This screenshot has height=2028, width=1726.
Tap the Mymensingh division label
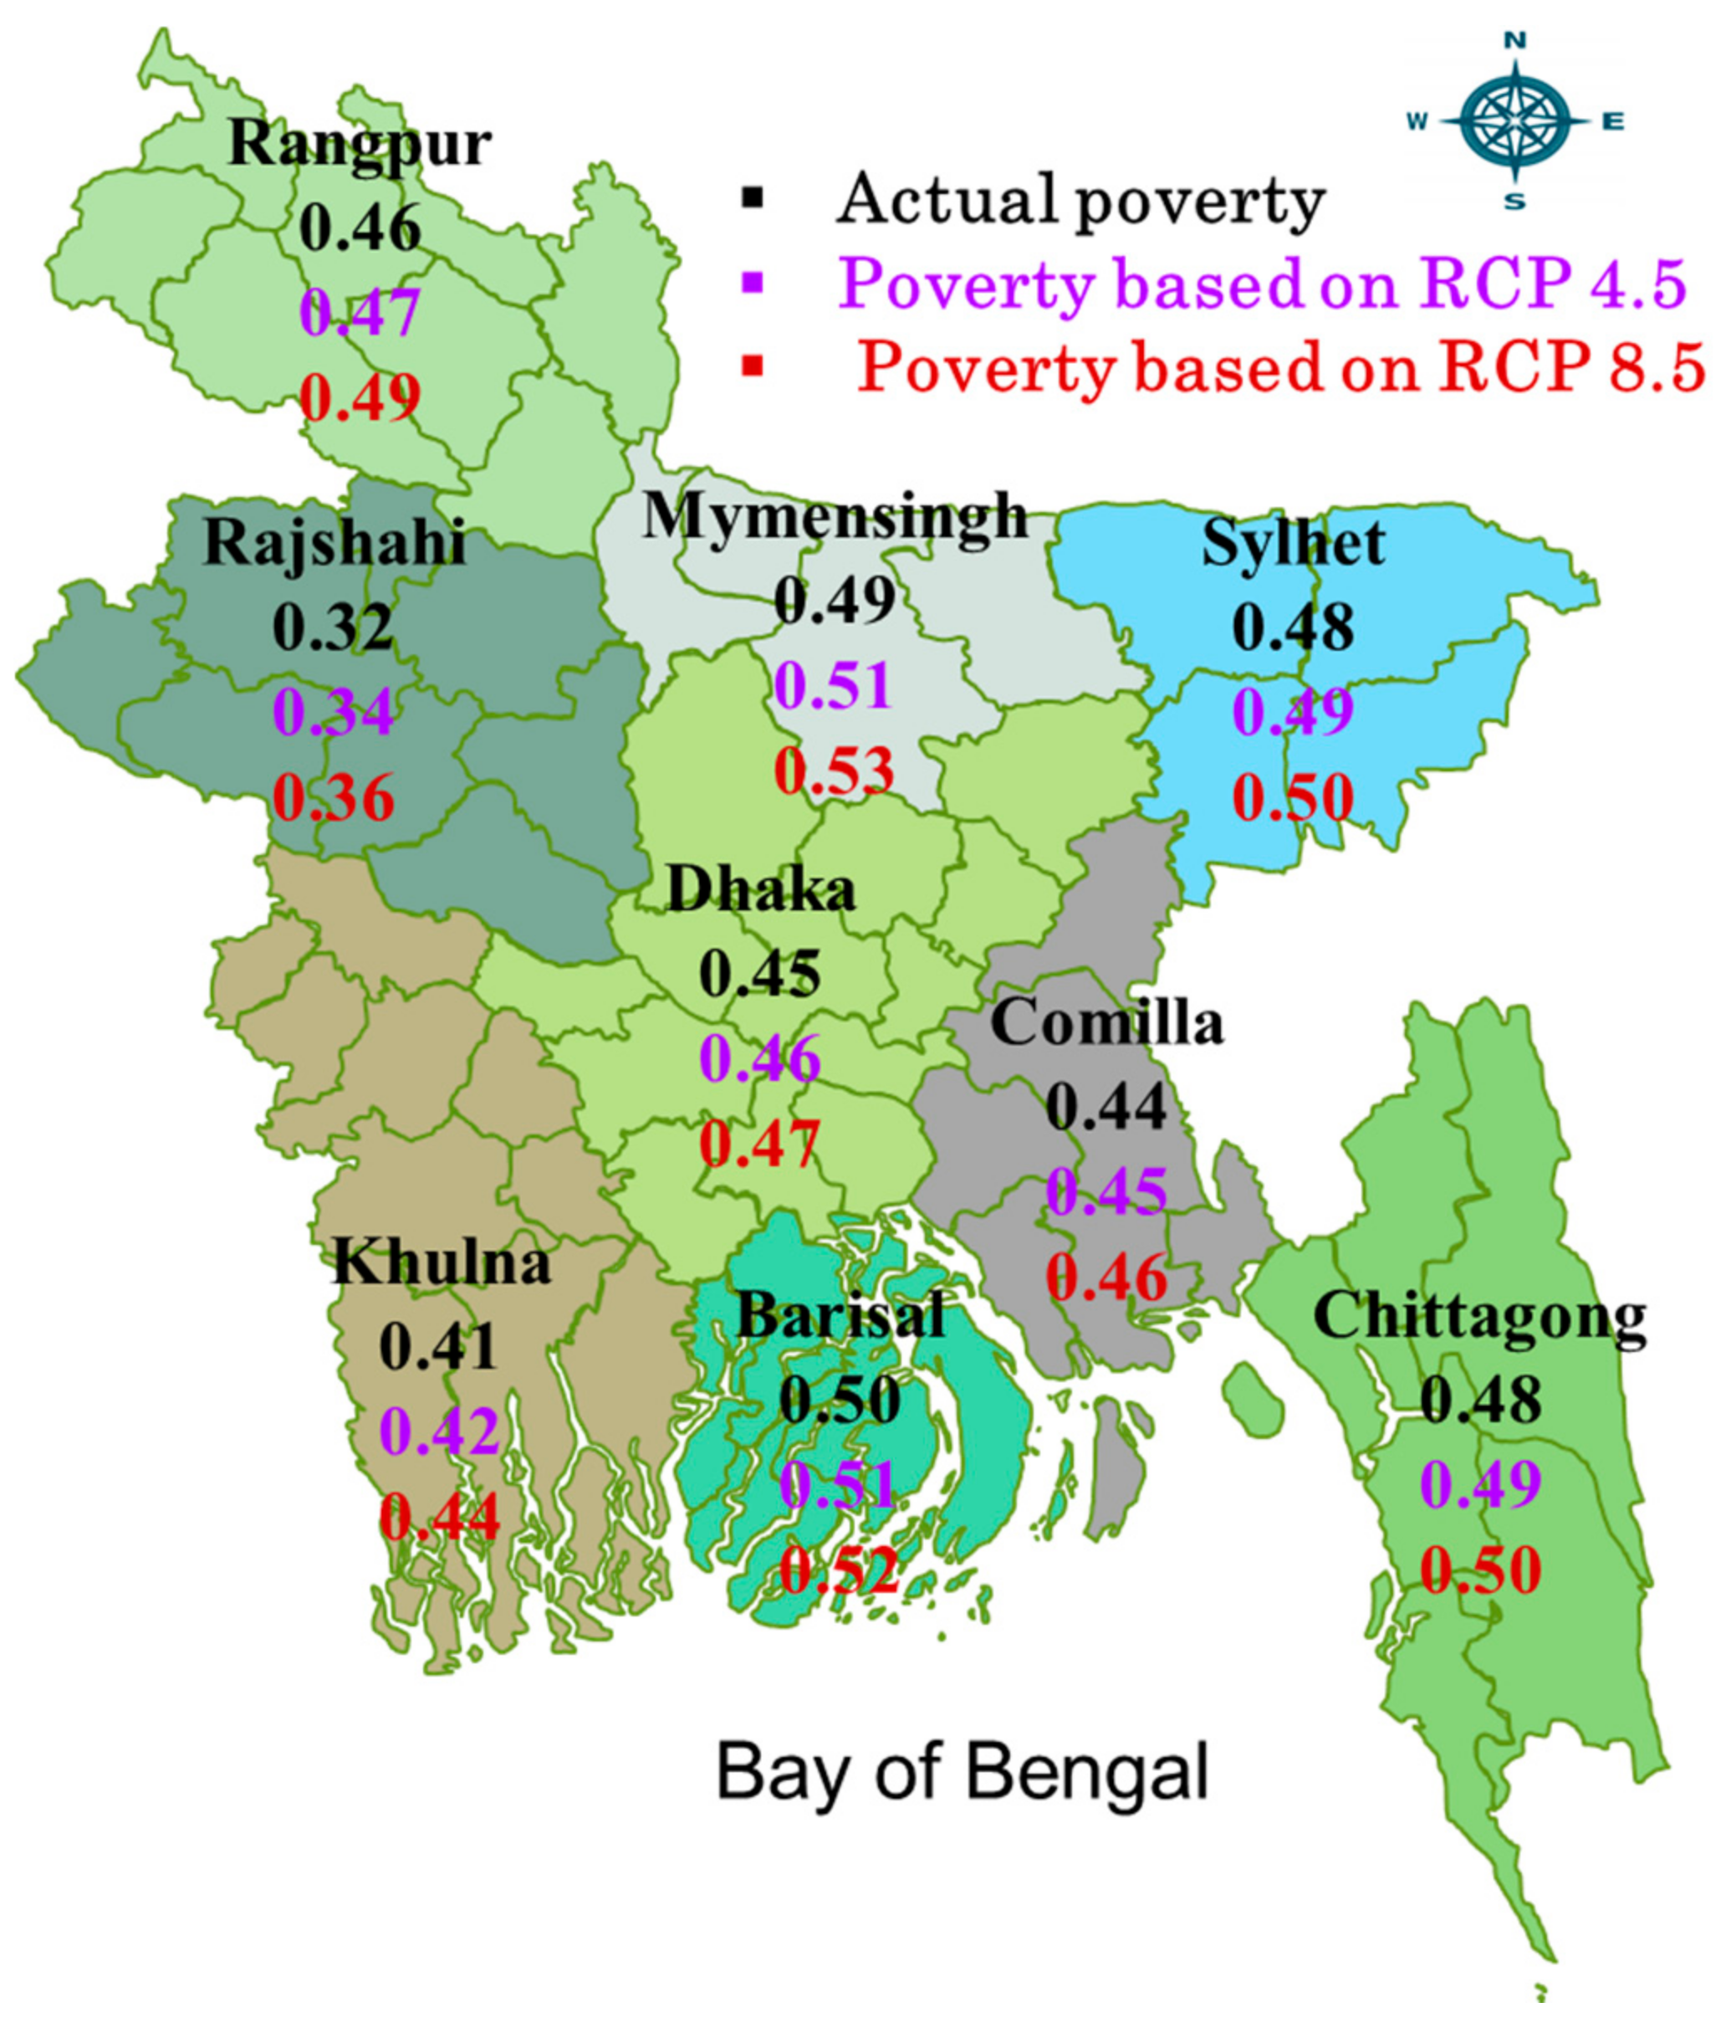pos(835,516)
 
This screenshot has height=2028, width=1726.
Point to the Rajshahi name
pos(334,543)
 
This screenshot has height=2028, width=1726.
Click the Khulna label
pos(442,1262)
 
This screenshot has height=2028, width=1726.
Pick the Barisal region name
pos(840,1314)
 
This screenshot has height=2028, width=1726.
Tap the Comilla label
pos(1106,1023)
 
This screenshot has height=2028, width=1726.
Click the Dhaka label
pos(760,891)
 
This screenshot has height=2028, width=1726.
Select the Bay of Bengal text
pos(963,1773)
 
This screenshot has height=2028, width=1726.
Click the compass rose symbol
pos(1514,122)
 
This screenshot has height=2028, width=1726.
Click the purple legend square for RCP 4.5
pos(753,283)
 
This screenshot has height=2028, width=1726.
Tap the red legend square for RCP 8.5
pos(753,368)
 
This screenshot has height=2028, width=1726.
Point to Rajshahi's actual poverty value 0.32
pos(333,627)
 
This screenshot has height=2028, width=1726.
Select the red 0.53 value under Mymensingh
pos(835,770)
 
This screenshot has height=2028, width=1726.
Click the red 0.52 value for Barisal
pos(839,1571)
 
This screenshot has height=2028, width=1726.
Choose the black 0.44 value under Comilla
pos(1106,1107)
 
